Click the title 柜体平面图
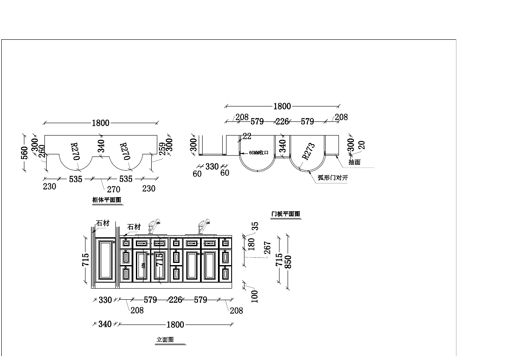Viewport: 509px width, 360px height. [x=107, y=200]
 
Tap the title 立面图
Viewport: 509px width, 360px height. [x=165, y=340]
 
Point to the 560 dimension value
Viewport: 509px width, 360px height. [x=24, y=152]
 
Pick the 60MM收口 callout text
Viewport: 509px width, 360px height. [x=258, y=153]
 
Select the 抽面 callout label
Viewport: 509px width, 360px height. [x=354, y=162]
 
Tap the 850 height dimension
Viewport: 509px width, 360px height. [x=288, y=262]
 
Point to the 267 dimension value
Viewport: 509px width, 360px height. [x=268, y=248]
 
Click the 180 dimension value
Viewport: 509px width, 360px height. [x=251, y=244]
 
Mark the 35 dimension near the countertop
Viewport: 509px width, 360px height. [x=255, y=226]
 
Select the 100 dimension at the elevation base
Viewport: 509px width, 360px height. [x=255, y=296]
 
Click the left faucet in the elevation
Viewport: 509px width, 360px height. [x=153, y=227]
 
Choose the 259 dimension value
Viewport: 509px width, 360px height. [x=162, y=149]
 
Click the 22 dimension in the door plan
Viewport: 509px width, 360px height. [x=247, y=136]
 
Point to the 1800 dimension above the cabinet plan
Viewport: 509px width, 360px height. [x=100, y=123]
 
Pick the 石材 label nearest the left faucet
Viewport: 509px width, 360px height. [x=134, y=227]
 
